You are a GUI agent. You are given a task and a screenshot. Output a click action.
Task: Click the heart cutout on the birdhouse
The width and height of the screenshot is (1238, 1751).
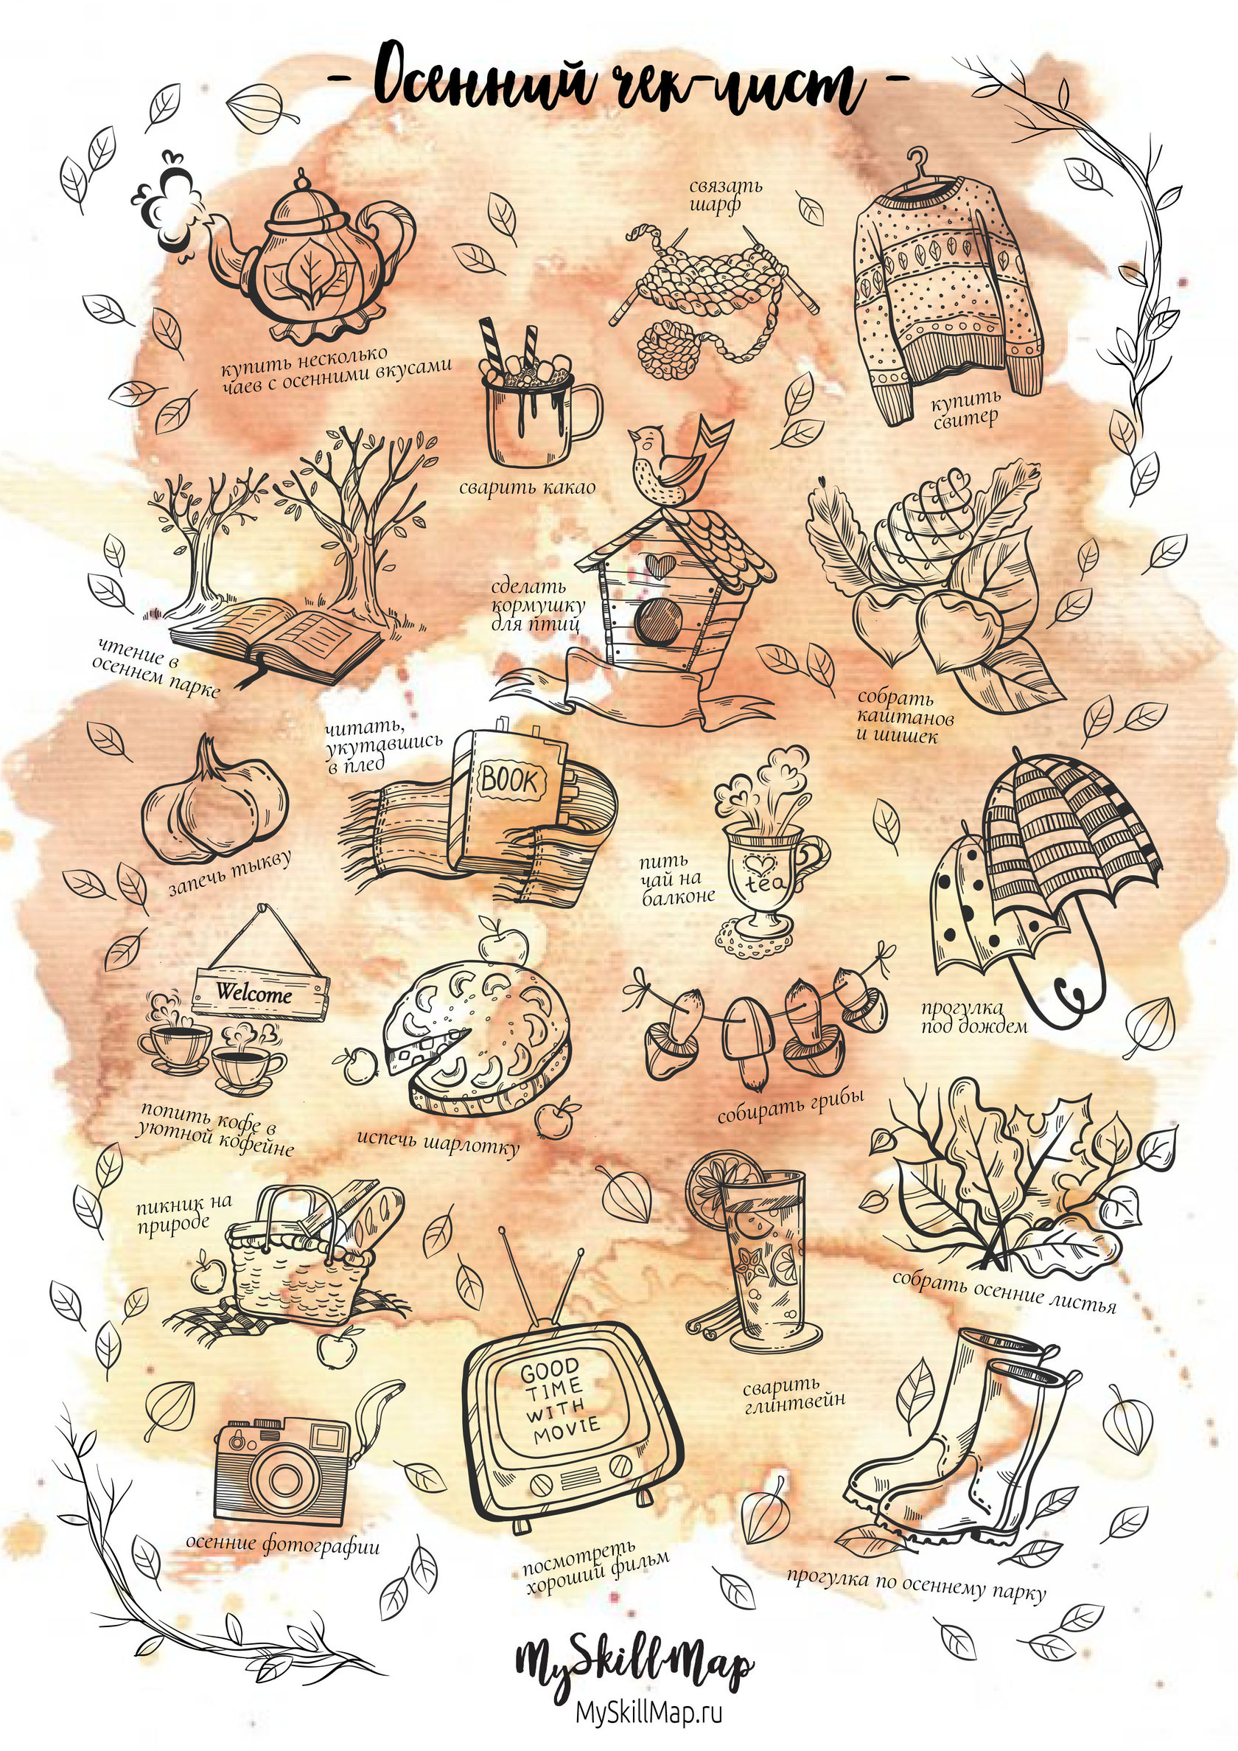coord(657,563)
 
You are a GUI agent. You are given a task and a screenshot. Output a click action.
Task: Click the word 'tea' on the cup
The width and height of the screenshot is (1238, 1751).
coord(758,881)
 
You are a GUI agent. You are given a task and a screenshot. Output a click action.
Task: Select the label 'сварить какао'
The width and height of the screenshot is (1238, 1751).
coord(527,487)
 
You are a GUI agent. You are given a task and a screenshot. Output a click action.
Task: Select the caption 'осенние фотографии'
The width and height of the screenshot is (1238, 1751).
coord(283,1544)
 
